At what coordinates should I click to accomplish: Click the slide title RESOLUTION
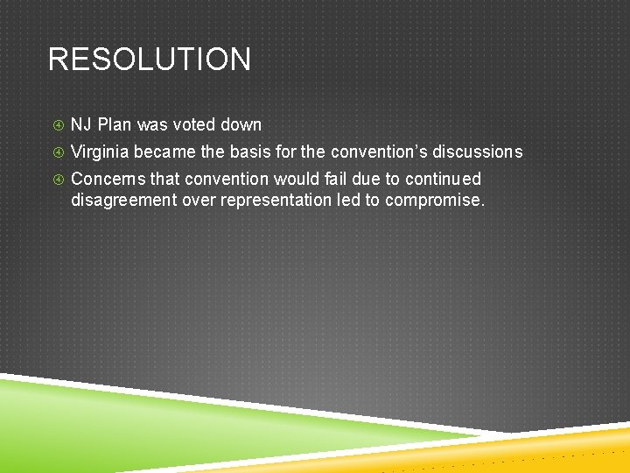149,60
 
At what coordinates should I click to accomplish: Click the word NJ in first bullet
81,125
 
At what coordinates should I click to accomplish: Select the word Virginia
100,152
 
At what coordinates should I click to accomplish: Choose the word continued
443,180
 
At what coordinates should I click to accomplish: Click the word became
165,152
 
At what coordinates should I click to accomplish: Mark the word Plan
115,125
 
